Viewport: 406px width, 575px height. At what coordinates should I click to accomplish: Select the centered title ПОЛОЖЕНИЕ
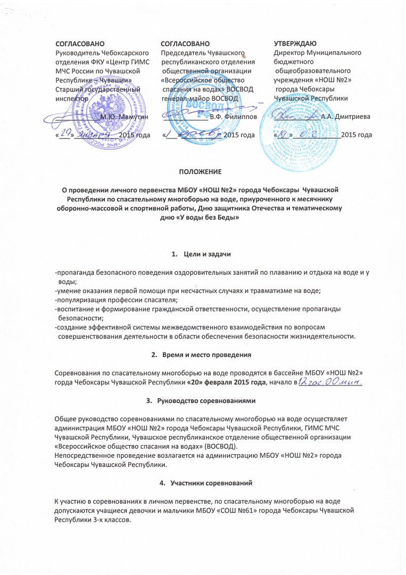pyautogui.click(x=202, y=172)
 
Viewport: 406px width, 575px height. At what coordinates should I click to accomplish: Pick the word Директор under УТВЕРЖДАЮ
pyautogui.click(x=290, y=53)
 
